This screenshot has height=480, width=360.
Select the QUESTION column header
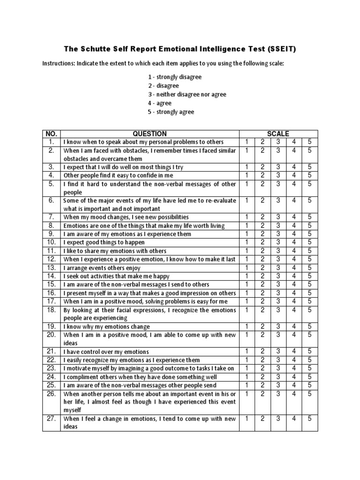[150, 134]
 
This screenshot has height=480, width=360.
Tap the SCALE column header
[278, 134]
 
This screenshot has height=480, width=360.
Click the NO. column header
[51, 134]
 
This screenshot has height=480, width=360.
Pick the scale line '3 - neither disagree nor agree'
[180, 94]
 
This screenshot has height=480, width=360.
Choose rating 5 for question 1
[309, 142]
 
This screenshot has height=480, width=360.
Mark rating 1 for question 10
[247, 242]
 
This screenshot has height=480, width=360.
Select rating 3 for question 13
[278, 267]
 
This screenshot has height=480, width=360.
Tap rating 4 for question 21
[294, 351]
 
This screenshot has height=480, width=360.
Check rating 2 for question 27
[263, 418]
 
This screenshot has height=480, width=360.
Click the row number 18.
[51, 309]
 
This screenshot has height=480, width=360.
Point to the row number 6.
[51, 200]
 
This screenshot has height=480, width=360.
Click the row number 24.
[51, 376]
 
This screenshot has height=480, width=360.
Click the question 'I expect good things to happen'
[104, 242]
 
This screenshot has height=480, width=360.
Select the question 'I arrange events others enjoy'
[103, 267]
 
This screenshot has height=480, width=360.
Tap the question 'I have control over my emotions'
[106, 352]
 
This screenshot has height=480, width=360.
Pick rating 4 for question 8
[294, 225]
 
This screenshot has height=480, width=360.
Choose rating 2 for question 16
[263, 292]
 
